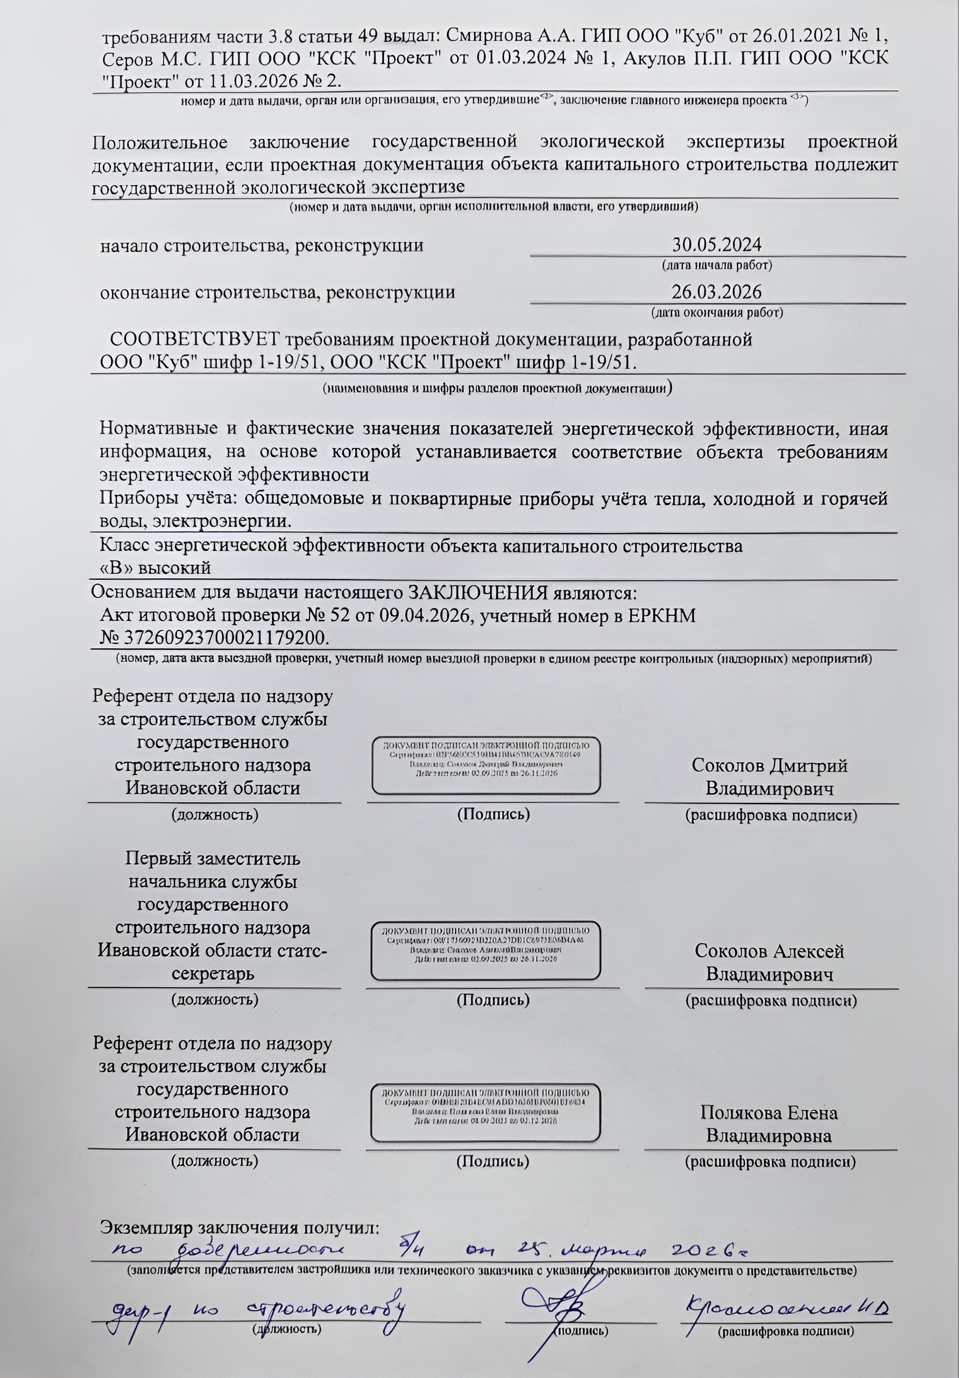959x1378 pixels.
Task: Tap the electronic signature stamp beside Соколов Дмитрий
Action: (x=486, y=764)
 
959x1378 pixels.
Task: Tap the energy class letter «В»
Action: (x=110, y=567)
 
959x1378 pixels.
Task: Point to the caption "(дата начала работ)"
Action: (x=716, y=265)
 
